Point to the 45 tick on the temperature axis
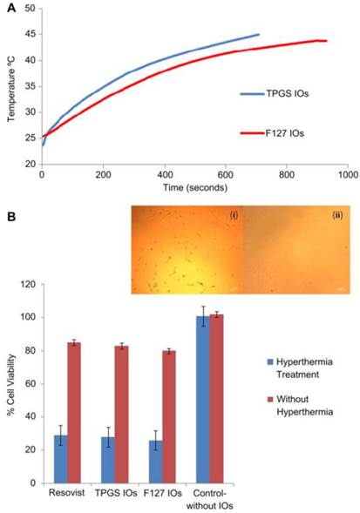coord(31,35)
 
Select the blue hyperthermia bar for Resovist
coord(60,458)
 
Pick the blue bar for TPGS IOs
coord(108,459)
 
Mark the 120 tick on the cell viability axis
coord(32,284)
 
